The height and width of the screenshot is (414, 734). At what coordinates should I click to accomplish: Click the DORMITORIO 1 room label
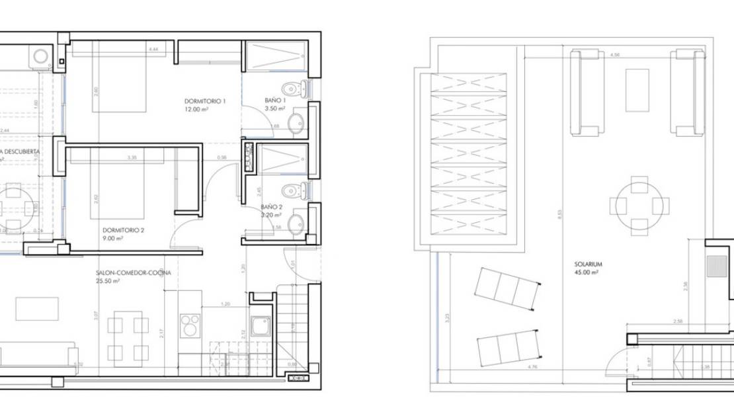point(205,101)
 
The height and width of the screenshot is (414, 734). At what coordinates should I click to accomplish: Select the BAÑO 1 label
point(274,101)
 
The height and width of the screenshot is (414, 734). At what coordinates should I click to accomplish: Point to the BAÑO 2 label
point(272,207)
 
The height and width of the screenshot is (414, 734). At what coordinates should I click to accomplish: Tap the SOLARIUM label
point(588,264)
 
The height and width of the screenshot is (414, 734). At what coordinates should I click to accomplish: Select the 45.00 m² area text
point(586,272)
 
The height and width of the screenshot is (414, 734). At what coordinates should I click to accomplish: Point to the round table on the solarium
point(639,206)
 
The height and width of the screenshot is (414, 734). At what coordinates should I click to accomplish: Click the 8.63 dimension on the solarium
point(559,215)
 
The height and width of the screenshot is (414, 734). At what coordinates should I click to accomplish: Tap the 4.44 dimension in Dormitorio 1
point(153,50)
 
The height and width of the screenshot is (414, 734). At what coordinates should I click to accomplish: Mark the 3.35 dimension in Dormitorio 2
point(132,157)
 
